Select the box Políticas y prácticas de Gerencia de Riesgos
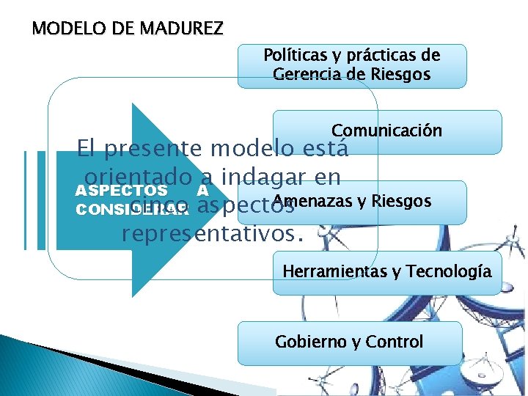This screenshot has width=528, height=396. [352, 65]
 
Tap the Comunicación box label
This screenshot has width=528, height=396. [386, 131]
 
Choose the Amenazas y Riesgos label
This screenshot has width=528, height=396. [351, 201]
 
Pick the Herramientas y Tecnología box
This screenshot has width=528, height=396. [387, 272]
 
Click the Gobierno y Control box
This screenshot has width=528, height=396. [349, 342]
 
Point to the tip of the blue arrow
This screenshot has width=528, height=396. [237, 199]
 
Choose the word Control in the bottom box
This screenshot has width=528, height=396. [397, 342]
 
